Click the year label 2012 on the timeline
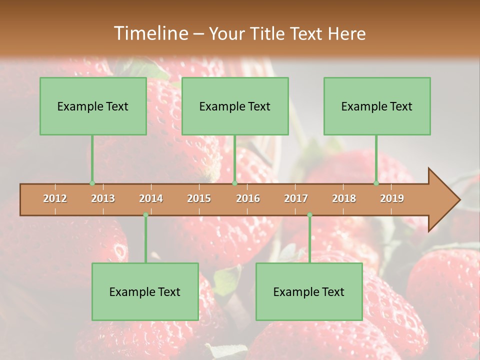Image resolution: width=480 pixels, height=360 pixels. pyautogui.click(x=55, y=198)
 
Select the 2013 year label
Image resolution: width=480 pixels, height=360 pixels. pyautogui.click(x=103, y=198)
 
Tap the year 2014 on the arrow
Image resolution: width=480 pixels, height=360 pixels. pyautogui.click(x=151, y=198)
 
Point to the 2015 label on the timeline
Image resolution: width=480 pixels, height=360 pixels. pyautogui.click(x=199, y=198)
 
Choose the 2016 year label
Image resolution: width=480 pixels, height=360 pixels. pyautogui.click(x=248, y=198)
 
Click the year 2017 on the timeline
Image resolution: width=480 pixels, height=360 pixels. pyautogui.click(x=296, y=198)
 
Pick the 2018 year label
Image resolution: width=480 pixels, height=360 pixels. pyautogui.click(x=344, y=198)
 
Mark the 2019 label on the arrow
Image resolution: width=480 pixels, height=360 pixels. pyautogui.click(x=392, y=198)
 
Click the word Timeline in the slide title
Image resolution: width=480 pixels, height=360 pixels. pyautogui.click(x=150, y=33)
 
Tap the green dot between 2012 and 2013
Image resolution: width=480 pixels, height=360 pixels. pyautogui.click(x=92, y=183)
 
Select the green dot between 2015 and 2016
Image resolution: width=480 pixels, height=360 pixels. pyautogui.click(x=234, y=183)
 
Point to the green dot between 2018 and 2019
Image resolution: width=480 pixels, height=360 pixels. pyautogui.click(x=376, y=183)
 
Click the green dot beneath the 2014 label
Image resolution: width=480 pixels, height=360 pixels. pyautogui.click(x=145, y=214)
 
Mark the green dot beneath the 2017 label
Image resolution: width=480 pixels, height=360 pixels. pyautogui.click(x=309, y=214)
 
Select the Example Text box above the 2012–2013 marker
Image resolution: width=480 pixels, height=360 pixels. pyautogui.click(x=93, y=106)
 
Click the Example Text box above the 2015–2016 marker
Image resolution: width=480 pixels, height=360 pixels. pyautogui.click(x=235, y=106)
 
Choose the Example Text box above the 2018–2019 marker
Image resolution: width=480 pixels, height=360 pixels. pyautogui.click(x=377, y=106)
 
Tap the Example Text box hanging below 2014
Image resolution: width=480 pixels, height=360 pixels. pyautogui.click(x=145, y=291)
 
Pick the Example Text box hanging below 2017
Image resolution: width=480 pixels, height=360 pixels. pyautogui.click(x=309, y=291)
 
